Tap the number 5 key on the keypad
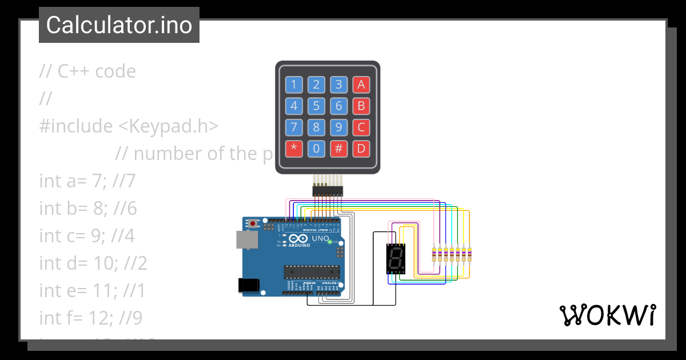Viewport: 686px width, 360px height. (x=316, y=106)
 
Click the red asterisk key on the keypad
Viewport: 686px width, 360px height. (x=294, y=149)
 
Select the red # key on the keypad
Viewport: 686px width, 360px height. (x=338, y=149)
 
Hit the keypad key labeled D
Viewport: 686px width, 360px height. (x=361, y=149)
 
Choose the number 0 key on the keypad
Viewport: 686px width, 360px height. (x=316, y=149)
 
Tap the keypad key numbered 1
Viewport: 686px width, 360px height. (x=294, y=85)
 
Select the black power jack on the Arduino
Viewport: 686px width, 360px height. (x=249, y=284)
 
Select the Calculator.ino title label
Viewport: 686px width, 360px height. (x=119, y=25)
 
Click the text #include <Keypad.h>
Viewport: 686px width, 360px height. (x=129, y=126)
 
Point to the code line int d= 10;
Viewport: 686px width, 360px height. (x=93, y=263)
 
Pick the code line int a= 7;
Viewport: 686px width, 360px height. (x=87, y=181)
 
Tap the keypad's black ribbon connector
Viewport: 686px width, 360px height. (x=327, y=190)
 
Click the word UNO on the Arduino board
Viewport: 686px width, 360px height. (x=320, y=238)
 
